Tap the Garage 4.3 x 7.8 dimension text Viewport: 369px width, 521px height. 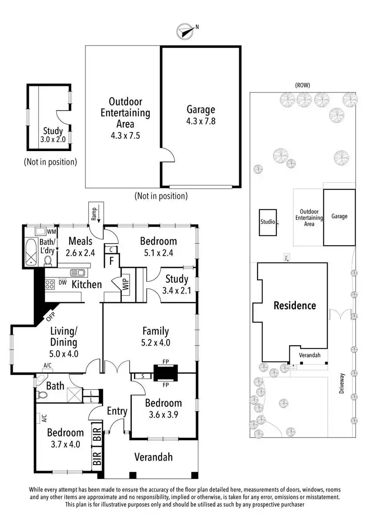click(x=201, y=121)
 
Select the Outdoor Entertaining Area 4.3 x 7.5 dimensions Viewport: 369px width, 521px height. click(x=125, y=135)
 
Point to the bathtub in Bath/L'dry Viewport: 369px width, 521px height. click(x=31, y=252)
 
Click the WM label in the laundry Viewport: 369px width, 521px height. click(x=51, y=231)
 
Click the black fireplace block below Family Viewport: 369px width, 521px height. click(x=165, y=373)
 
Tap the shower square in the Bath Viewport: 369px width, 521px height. click(x=73, y=396)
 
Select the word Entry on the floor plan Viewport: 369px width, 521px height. click(x=117, y=411)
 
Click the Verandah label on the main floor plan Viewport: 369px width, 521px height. click(x=153, y=457)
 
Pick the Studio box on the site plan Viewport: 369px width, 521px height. click(x=268, y=222)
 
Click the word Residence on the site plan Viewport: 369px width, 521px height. click(x=295, y=306)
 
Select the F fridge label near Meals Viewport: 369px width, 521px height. click(x=111, y=261)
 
